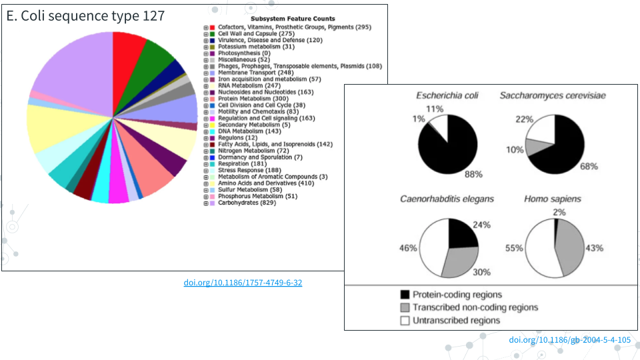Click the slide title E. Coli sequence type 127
[x=85, y=15]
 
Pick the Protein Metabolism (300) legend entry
[x=253, y=99]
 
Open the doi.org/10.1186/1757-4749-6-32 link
[x=243, y=283]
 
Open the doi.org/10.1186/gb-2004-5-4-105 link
[x=569, y=340]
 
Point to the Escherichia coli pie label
[x=447, y=96]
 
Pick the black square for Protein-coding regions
[x=405, y=294]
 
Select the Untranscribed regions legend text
[x=456, y=321]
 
